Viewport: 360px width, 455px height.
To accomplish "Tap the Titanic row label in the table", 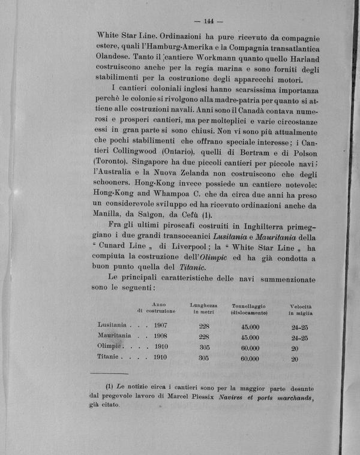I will pyautogui.click(x=109, y=358).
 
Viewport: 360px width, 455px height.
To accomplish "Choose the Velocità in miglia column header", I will pyautogui.click(x=300, y=309).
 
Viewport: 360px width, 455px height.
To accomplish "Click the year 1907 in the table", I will pyautogui.click(x=160, y=326).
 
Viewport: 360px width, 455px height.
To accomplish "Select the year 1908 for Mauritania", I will pyautogui.click(x=160, y=336).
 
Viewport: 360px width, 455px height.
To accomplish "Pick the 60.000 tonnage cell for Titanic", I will pyautogui.click(x=250, y=358).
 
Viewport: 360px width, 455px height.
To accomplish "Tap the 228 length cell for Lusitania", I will pyautogui.click(x=203, y=326).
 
